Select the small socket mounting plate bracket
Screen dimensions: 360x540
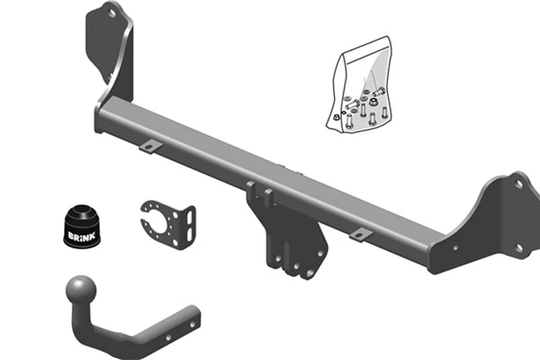166,220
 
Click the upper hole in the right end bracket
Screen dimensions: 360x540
517,184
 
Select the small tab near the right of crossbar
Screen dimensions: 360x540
360,234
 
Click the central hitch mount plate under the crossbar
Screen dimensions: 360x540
286,232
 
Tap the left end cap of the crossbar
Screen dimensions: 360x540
99,121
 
